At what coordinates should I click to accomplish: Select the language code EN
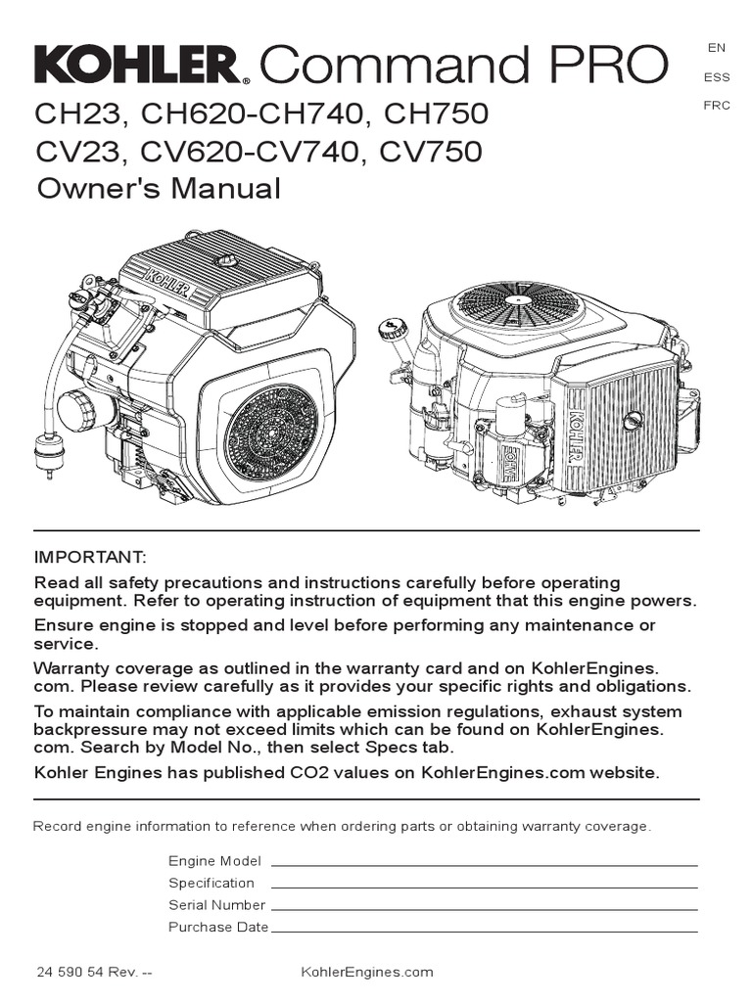(x=716, y=47)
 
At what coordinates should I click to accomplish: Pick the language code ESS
(x=716, y=76)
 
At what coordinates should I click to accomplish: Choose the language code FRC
(x=716, y=106)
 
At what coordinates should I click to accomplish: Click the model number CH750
(x=436, y=115)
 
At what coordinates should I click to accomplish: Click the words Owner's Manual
(x=159, y=188)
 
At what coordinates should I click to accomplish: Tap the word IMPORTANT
(x=90, y=558)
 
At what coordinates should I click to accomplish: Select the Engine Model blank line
(x=484, y=864)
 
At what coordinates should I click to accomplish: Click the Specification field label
(x=211, y=883)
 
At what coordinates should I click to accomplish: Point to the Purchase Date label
(x=218, y=927)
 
